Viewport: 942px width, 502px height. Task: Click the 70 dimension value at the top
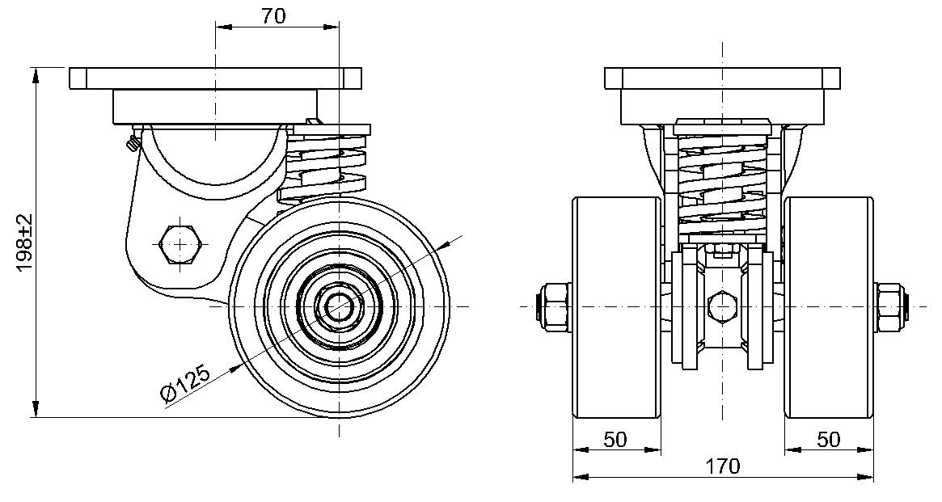[x=273, y=16]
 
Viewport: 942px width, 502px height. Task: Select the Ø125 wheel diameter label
[x=186, y=383]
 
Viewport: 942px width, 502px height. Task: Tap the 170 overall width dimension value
[x=722, y=466]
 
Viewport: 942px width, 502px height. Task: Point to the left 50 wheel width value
[x=615, y=440]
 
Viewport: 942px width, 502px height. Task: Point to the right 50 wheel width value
[x=829, y=440]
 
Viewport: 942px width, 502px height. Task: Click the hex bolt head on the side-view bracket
[x=180, y=244]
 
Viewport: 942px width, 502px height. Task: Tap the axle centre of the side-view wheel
[x=340, y=306]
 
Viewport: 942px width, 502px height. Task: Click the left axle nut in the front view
[x=556, y=306]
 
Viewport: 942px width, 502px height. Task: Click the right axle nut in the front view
[x=891, y=306]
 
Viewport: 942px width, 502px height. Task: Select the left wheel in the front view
[x=617, y=306]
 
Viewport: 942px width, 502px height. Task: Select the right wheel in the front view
[x=829, y=306]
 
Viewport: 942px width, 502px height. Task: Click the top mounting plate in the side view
[x=216, y=78]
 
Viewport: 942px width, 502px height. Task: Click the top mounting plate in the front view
[x=722, y=78]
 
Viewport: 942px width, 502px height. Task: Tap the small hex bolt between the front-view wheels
[x=722, y=305]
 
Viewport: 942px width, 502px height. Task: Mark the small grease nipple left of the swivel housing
[x=133, y=143]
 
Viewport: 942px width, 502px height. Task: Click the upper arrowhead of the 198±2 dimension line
[x=36, y=75]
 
